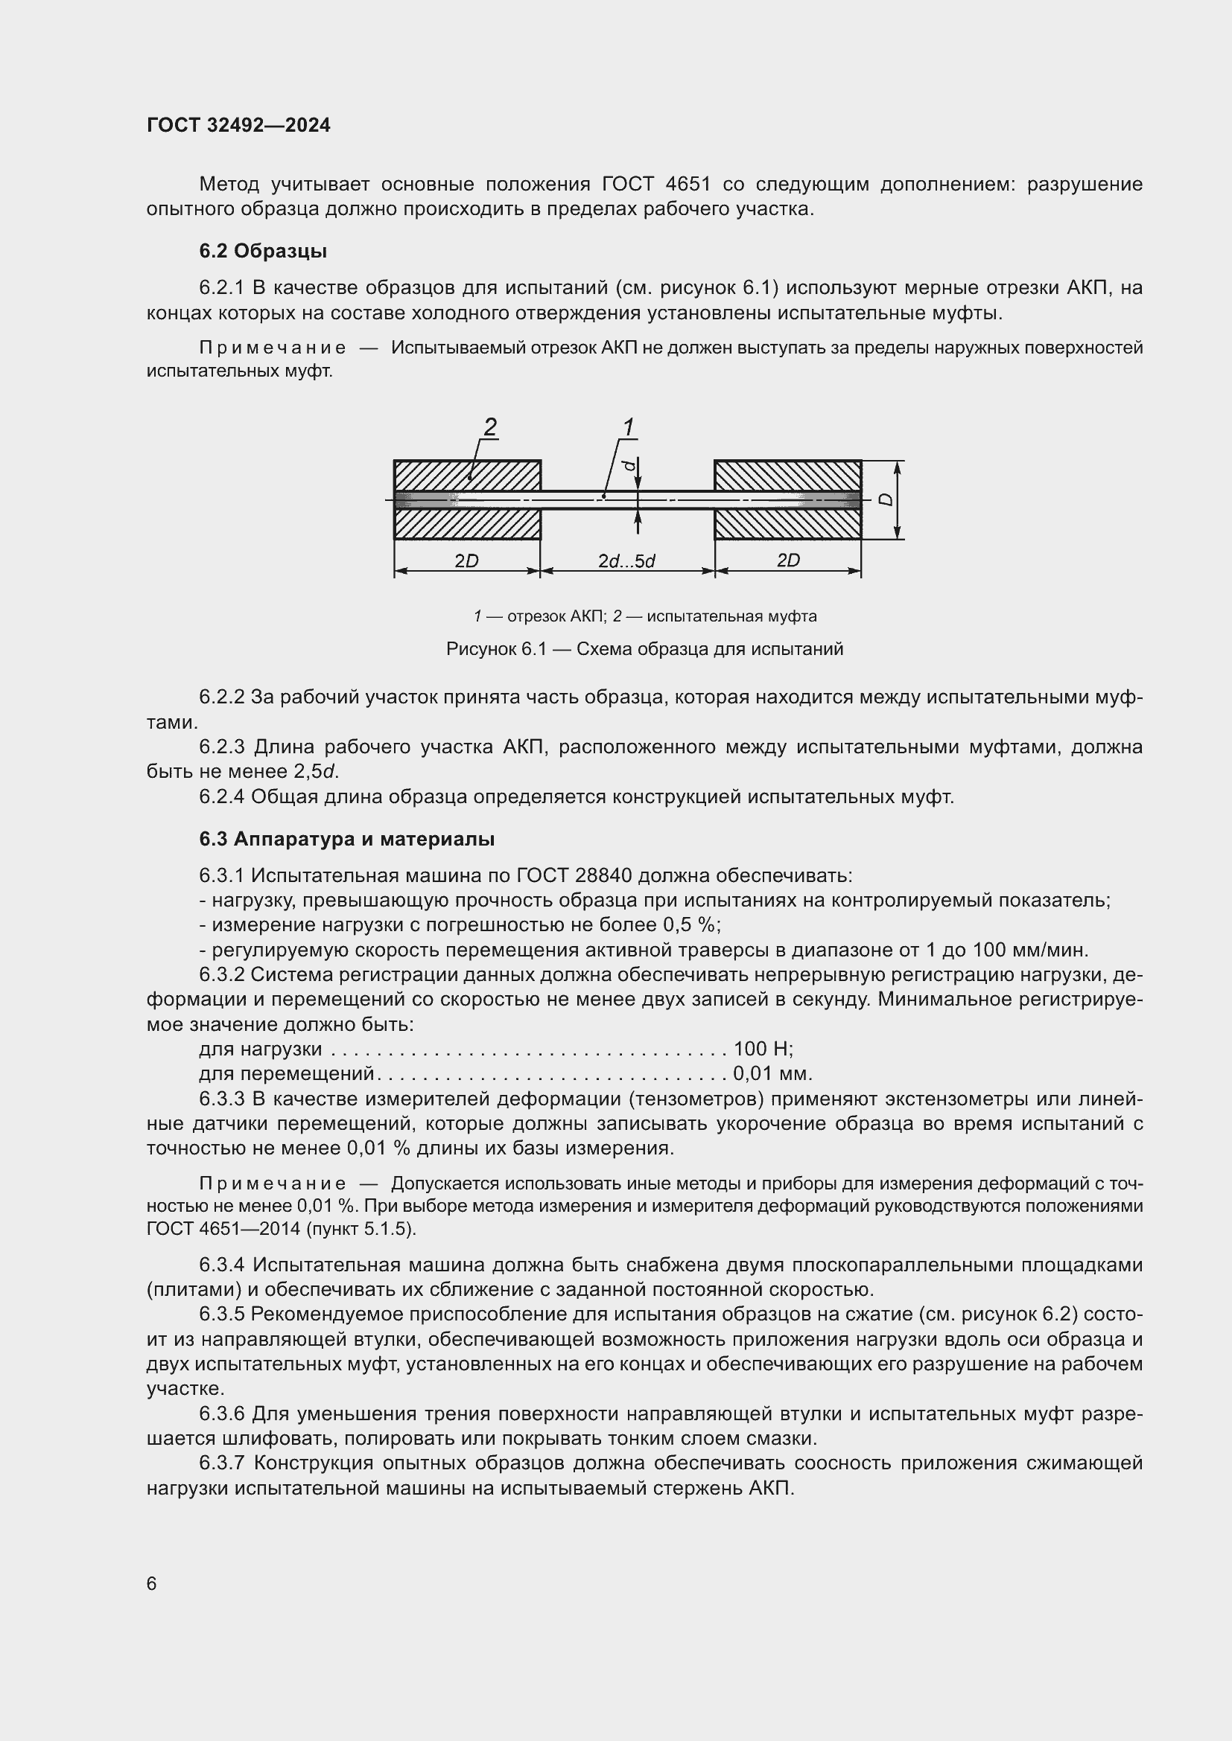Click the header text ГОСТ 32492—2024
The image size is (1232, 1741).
click(x=238, y=125)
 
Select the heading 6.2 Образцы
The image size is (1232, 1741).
click(x=262, y=251)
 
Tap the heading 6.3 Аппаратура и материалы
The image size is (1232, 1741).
click(x=346, y=839)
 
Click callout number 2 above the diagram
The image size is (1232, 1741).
click(x=490, y=428)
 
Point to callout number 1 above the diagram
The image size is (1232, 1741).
click(x=628, y=428)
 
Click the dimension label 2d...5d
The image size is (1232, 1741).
click(x=626, y=561)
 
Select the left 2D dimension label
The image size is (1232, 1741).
click(x=466, y=561)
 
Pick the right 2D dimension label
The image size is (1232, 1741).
click(x=788, y=560)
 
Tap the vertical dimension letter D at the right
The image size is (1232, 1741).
click(x=886, y=499)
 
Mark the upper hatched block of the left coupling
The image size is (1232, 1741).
click(x=467, y=476)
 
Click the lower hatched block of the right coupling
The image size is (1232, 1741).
click(x=787, y=524)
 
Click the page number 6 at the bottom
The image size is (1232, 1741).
click(x=152, y=1583)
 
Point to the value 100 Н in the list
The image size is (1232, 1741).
click(x=763, y=1049)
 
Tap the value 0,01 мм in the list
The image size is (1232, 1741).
click(x=772, y=1074)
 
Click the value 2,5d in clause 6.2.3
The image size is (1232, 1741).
click(x=315, y=772)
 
